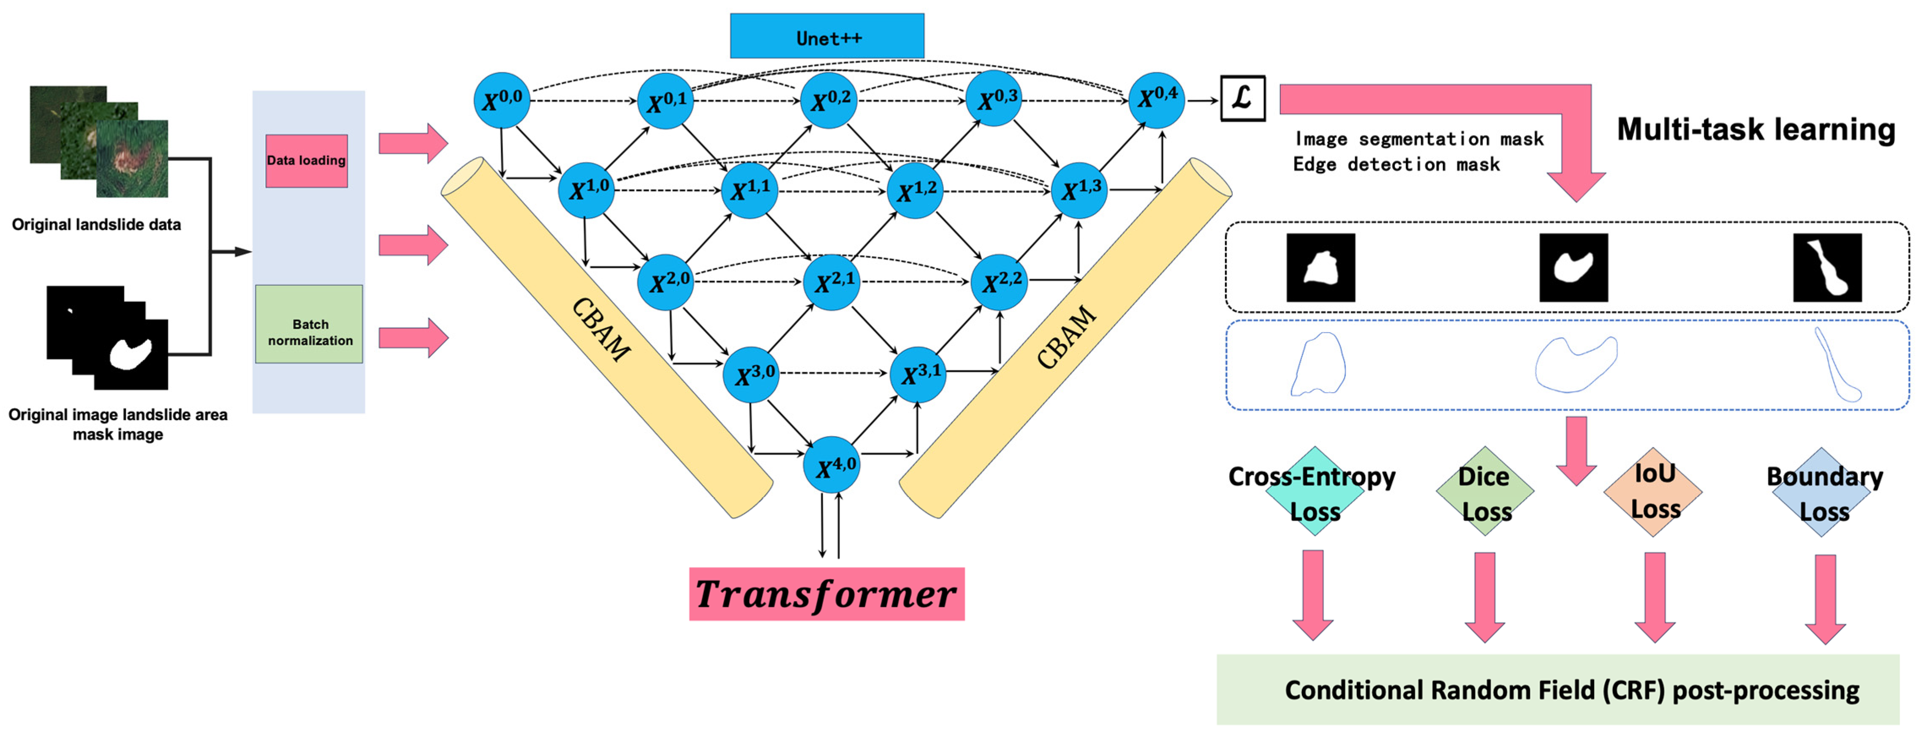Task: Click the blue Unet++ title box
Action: (x=826, y=36)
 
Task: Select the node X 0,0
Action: (x=502, y=100)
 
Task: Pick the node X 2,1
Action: (x=831, y=282)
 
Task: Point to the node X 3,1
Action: (x=918, y=374)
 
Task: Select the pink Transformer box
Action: (x=826, y=594)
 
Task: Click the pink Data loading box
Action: (x=307, y=161)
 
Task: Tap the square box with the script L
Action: (x=1242, y=98)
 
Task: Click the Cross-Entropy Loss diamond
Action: (x=1315, y=492)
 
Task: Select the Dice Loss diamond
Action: (x=1485, y=492)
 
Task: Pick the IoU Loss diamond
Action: (x=1653, y=492)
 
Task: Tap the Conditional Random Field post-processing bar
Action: (x=1557, y=689)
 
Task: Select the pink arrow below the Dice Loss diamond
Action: (x=1485, y=596)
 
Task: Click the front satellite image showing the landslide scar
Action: (x=132, y=158)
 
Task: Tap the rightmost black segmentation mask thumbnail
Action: (x=1826, y=267)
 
